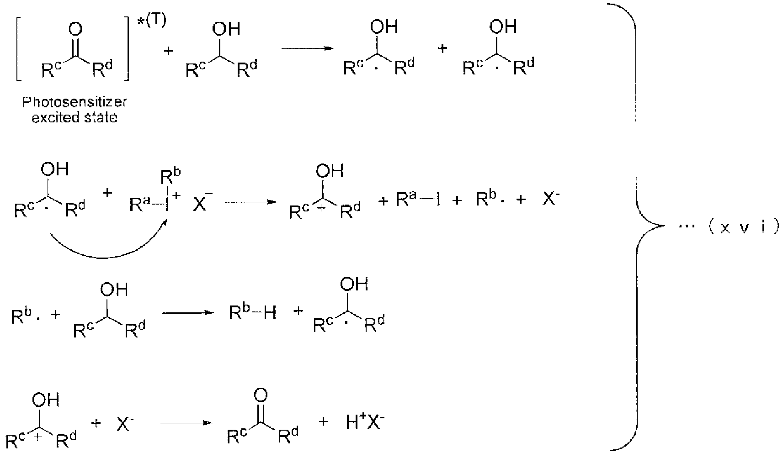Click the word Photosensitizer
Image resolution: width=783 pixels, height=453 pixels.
(x=75, y=102)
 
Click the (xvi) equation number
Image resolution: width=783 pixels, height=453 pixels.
(x=744, y=227)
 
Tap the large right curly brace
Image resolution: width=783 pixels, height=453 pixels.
(x=637, y=226)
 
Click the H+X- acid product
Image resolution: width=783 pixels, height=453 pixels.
(x=365, y=422)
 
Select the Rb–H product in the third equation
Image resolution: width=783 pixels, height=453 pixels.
(x=252, y=312)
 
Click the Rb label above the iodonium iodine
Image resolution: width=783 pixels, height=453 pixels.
(x=170, y=177)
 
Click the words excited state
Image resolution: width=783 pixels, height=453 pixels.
(x=75, y=117)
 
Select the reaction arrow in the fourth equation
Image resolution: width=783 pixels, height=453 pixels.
(x=186, y=423)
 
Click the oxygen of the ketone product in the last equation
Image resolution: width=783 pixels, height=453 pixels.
(x=261, y=395)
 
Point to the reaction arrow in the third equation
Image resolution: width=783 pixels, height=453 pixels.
(x=188, y=313)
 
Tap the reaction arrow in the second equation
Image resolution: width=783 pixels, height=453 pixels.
(x=250, y=202)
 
